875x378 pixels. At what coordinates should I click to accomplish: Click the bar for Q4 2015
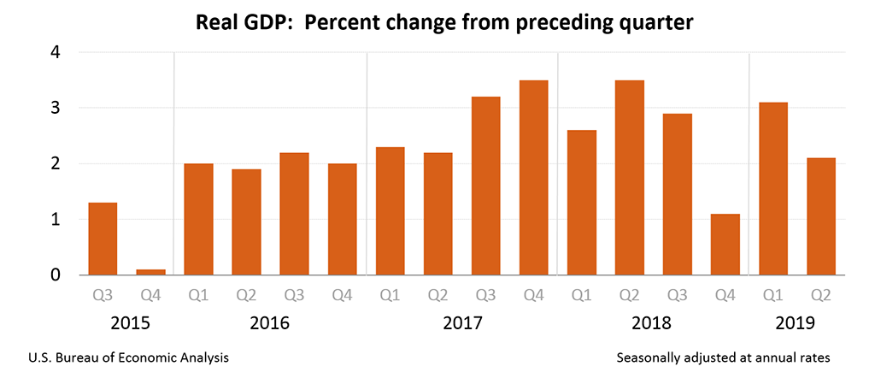[150, 272]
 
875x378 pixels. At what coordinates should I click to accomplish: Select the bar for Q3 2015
[103, 239]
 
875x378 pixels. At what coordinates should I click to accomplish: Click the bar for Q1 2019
[773, 189]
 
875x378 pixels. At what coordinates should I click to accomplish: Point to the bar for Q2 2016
[246, 222]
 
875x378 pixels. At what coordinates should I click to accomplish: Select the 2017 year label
[461, 324]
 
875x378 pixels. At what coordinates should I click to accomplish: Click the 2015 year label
[126, 324]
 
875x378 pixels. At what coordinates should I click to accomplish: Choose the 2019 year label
[796, 324]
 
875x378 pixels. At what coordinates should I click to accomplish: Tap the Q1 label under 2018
[581, 297]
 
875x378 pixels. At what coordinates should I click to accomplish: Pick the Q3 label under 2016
[294, 297]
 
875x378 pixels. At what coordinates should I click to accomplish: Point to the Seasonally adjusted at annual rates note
[722, 357]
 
